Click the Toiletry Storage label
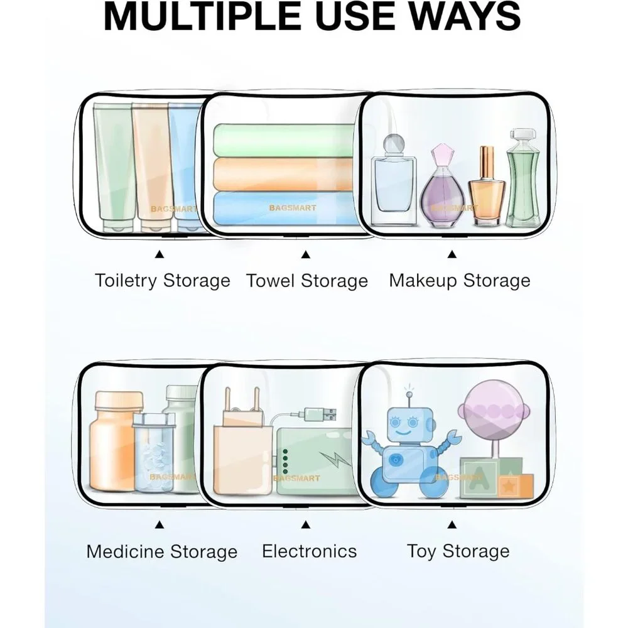tap(163, 280)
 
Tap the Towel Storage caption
tap(307, 280)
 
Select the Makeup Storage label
tap(460, 280)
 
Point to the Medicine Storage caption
tap(162, 551)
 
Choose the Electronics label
tap(309, 551)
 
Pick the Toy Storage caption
tap(458, 551)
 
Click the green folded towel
tap(284, 139)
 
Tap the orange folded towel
tap(284, 174)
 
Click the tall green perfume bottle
tap(522, 178)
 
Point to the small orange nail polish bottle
tap(487, 187)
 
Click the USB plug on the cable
tap(320, 414)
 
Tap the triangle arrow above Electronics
tap(306, 524)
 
